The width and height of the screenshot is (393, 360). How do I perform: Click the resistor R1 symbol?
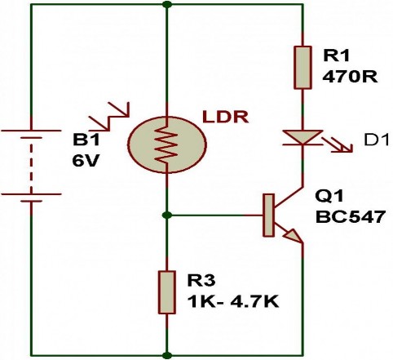pyautogui.click(x=302, y=67)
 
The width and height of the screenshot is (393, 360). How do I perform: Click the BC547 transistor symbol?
pyautogui.click(x=281, y=216)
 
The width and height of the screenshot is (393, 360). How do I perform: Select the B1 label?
pyautogui.click(x=88, y=139)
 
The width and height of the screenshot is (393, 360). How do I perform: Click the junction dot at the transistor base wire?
pyautogui.click(x=167, y=216)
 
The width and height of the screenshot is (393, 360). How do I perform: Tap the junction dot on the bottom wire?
pyautogui.click(x=167, y=355)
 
